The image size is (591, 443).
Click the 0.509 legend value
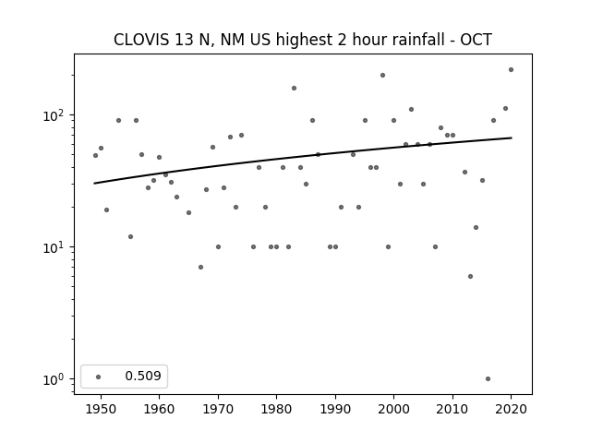point(143,376)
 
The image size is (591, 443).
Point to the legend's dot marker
point(99,377)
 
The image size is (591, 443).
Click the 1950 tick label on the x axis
point(101,410)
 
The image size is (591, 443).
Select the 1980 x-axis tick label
point(277,410)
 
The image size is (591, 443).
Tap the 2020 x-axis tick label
point(511,410)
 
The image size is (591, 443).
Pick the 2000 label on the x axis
point(394,410)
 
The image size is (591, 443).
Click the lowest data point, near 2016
point(488,379)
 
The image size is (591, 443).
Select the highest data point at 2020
point(511,70)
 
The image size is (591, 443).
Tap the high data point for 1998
point(382,76)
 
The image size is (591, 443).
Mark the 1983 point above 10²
point(294,89)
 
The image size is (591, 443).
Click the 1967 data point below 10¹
point(200,267)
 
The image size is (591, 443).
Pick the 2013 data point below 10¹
point(470,277)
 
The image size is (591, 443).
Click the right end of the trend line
point(512,138)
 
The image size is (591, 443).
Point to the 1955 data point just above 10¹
point(130,236)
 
